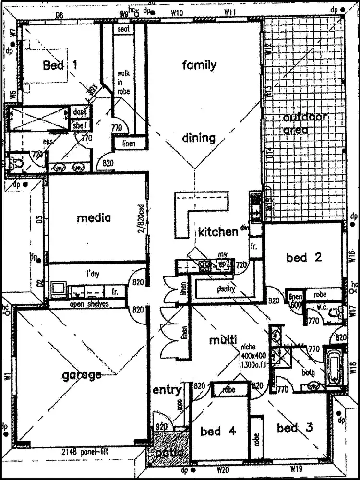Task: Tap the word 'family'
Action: [199, 65]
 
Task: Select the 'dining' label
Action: [199, 138]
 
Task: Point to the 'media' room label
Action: [94, 218]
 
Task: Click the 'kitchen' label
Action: [218, 232]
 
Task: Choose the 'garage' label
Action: [82, 375]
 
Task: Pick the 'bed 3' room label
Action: [295, 428]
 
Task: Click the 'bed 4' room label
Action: [218, 431]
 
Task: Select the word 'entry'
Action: [167, 390]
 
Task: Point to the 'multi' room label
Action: [223, 340]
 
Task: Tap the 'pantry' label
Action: [225, 289]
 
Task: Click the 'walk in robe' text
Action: [123, 83]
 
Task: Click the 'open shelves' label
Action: [89, 304]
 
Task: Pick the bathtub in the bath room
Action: [335, 368]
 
